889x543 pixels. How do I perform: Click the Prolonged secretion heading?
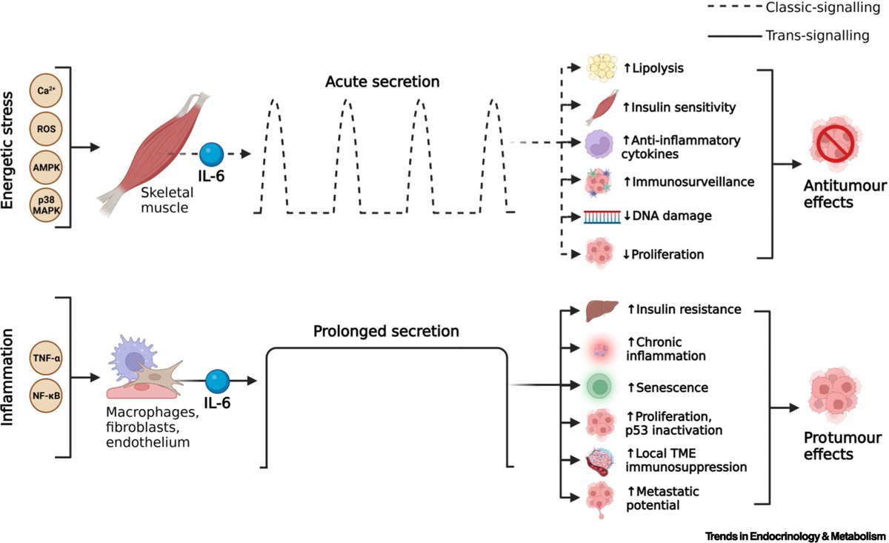(385, 330)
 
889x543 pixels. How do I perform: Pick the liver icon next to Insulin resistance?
(602, 310)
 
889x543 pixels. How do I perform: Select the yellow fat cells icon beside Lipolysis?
(602, 68)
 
